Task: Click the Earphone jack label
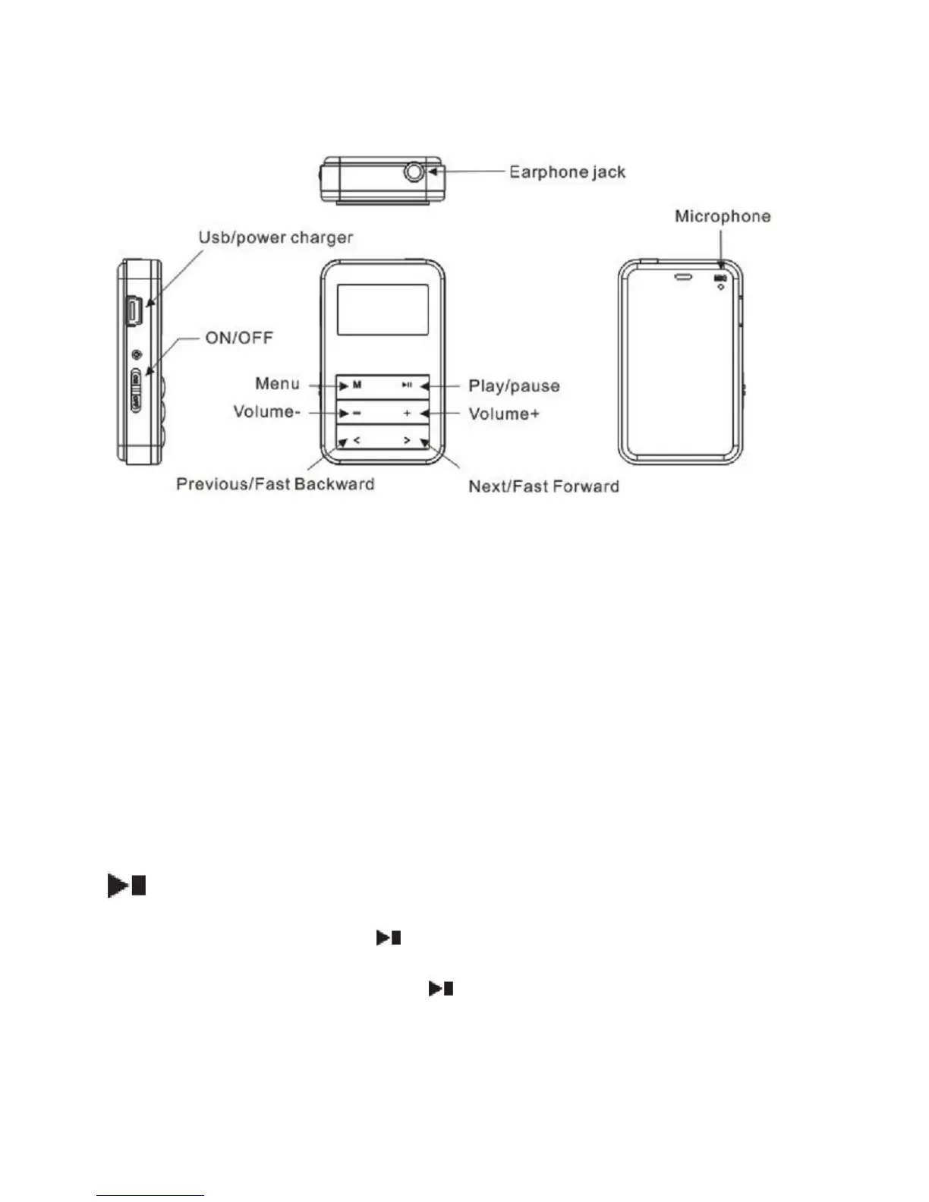click(567, 172)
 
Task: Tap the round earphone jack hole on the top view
click(414, 172)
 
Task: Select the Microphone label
click(723, 217)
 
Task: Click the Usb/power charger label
click(276, 238)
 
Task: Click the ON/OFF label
click(239, 338)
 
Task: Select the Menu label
click(277, 383)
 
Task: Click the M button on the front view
click(357, 385)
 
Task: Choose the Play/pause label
click(514, 386)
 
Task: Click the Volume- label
click(263, 411)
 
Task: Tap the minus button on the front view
click(357, 414)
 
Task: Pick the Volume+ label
click(503, 414)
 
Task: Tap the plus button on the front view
click(407, 414)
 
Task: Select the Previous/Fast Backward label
click(275, 484)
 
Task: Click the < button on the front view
click(357, 440)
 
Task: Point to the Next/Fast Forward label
click(543, 486)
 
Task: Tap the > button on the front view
click(407, 440)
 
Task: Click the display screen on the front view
click(383, 310)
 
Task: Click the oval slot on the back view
click(683, 277)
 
